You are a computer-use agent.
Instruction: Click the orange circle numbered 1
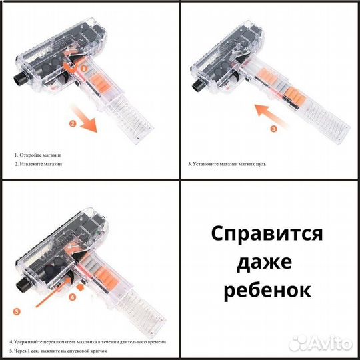click(x=85, y=68)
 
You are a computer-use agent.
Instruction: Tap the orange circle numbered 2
click(x=72, y=124)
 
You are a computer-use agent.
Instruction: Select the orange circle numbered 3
click(x=273, y=129)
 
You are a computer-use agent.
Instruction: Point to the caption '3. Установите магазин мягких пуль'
click(x=227, y=163)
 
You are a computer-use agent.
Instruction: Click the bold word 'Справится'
click(x=267, y=234)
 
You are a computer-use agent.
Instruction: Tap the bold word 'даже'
click(x=267, y=263)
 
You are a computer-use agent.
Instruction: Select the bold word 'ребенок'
click(x=267, y=291)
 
